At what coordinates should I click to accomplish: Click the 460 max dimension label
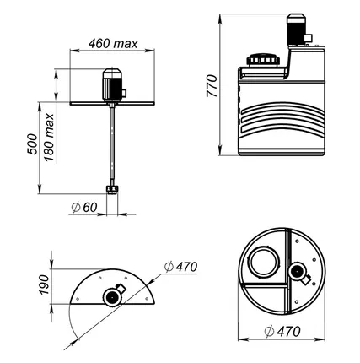pos(113,44)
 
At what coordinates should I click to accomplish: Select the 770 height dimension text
pos(212,86)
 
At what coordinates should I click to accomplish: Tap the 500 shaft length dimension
pos(32,144)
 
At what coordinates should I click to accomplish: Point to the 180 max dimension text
pos(49,137)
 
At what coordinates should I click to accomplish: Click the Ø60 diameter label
pos(83,208)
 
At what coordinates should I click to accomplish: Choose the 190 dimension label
pos(44,284)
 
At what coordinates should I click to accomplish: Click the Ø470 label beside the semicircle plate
pos(180,267)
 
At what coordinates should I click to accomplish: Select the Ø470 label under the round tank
pos(282,331)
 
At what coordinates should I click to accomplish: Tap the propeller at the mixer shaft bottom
pos(112,190)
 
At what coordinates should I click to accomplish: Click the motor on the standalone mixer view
pos(112,84)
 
